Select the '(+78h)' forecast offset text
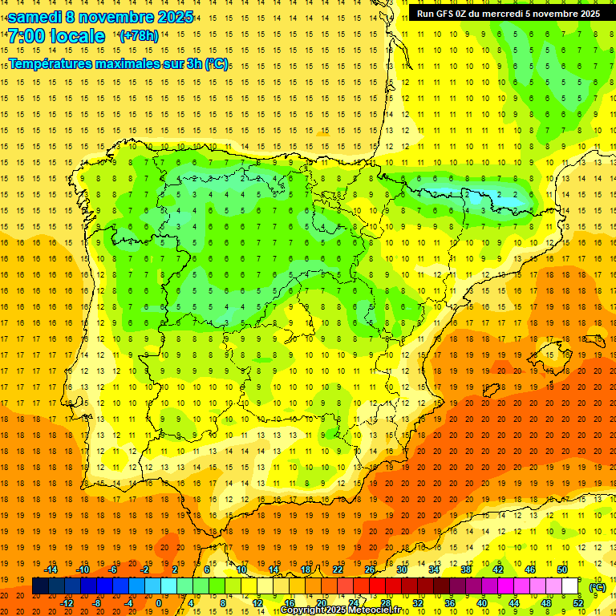[x=139, y=36]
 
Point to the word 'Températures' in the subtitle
[x=50, y=63]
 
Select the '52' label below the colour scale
[x=578, y=603]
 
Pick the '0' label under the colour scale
[x=159, y=603]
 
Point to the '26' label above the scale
[x=369, y=569]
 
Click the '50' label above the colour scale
[x=562, y=569]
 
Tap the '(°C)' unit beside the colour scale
[x=598, y=587]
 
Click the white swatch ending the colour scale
[x=570, y=586]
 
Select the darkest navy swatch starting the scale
[x=40, y=586]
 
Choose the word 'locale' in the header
[x=77, y=37]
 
